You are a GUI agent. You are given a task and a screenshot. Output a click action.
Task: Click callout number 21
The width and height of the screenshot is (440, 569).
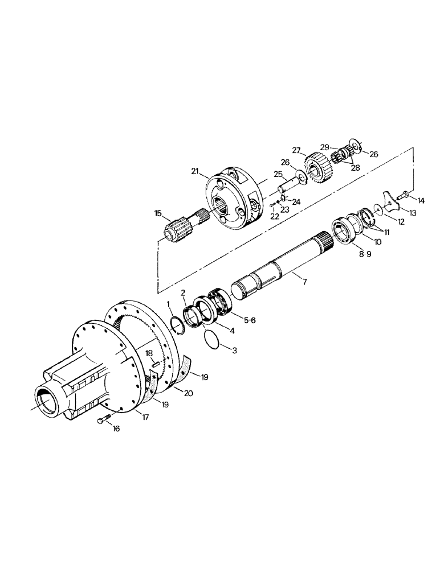195,171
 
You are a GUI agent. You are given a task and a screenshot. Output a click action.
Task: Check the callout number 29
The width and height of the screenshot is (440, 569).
324,147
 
